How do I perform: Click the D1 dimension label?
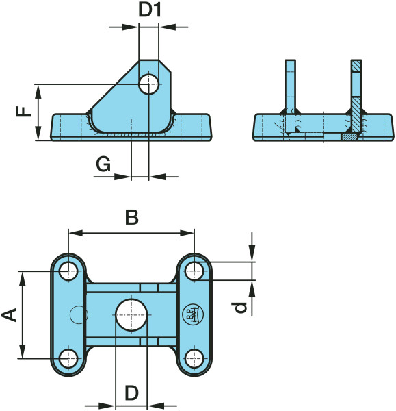click(150, 10)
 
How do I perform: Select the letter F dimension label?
click(23, 112)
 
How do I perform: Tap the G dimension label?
click(103, 164)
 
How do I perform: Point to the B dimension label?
click(131, 218)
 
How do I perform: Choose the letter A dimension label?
click(10, 315)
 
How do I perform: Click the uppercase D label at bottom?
click(131, 393)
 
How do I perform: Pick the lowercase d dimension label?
click(240, 308)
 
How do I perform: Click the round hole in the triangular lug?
click(148, 84)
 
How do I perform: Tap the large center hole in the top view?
click(131, 314)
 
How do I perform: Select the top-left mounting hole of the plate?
click(68, 271)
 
